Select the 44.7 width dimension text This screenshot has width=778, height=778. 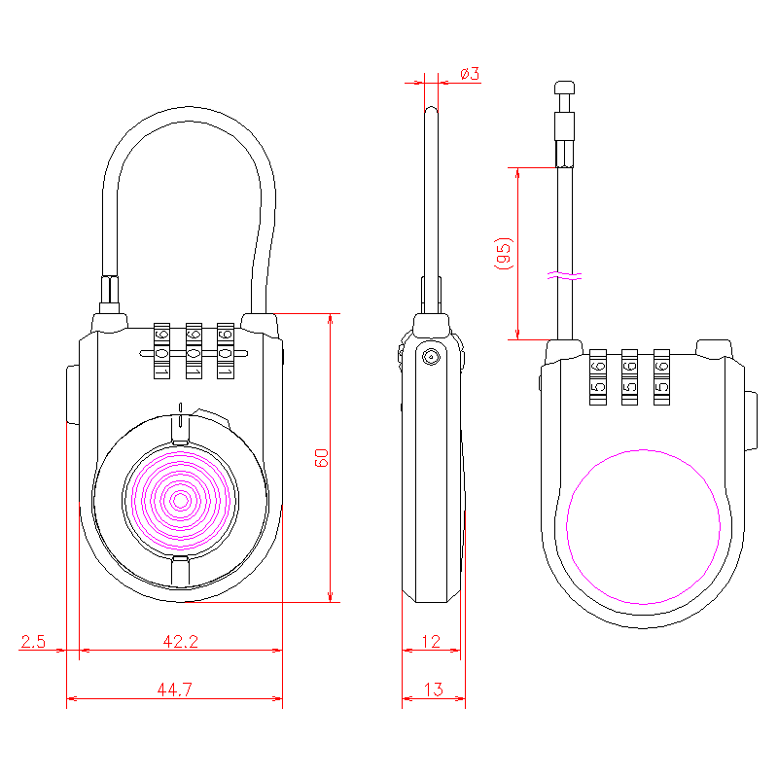tap(174, 690)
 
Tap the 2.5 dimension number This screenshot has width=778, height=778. tap(33, 641)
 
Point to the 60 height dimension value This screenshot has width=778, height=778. tap(322, 458)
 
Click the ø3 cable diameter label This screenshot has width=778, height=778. tap(470, 74)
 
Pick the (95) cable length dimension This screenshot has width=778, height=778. tap(503, 254)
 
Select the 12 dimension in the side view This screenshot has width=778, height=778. tap(432, 641)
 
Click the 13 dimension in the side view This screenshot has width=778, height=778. tap(434, 690)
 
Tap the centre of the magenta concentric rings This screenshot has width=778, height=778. tap(180, 501)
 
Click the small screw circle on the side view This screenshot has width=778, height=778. tap(429, 358)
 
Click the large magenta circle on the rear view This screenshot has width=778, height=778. tap(644, 526)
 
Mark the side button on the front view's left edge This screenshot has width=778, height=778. tap(72, 394)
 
